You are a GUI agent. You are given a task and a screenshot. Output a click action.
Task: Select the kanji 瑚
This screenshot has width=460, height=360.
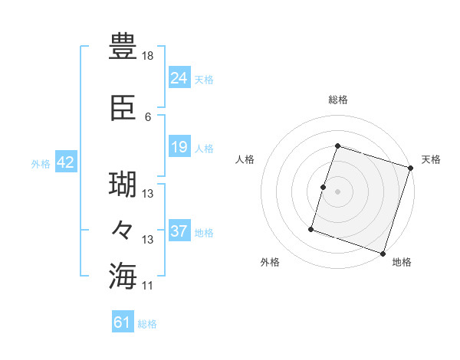pyautogui.click(x=123, y=185)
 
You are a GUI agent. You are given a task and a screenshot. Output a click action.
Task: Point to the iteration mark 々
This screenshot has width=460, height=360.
pyautogui.click(x=123, y=230)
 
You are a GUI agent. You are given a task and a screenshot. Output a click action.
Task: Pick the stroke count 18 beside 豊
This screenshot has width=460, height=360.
pyautogui.click(x=149, y=57)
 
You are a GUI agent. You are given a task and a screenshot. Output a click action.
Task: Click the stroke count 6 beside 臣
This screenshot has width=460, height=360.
pyautogui.click(x=148, y=117)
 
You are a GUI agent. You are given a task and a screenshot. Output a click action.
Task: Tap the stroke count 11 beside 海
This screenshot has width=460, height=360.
pyautogui.click(x=148, y=286)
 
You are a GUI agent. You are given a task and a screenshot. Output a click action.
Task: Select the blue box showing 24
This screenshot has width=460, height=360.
pyautogui.click(x=179, y=77)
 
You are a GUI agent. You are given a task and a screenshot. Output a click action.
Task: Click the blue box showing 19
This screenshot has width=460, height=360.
pyautogui.click(x=179, y=147)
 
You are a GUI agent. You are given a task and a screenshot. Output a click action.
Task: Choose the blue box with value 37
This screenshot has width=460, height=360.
pyautogui.click(x=179, y=231)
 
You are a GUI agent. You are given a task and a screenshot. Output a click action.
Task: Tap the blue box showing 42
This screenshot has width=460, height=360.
pyautogui.click(x=65, y=162)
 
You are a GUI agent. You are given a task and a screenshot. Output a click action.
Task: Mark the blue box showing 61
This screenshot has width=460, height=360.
pyautogui.click(x=123, y=322)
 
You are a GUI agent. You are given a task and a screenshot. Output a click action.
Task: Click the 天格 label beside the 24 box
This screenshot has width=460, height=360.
pyautogui.click(x=204, y=80)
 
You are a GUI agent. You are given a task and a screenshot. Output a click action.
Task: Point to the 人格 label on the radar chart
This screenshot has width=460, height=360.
pyautogui.click(x=245, y=159)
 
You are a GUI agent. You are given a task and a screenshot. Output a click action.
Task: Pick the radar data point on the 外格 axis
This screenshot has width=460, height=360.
pyautogui.click(x=312, y=228)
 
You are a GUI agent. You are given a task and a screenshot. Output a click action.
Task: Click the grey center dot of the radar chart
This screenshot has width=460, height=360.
pyautogui.click(x=337, y=191)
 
